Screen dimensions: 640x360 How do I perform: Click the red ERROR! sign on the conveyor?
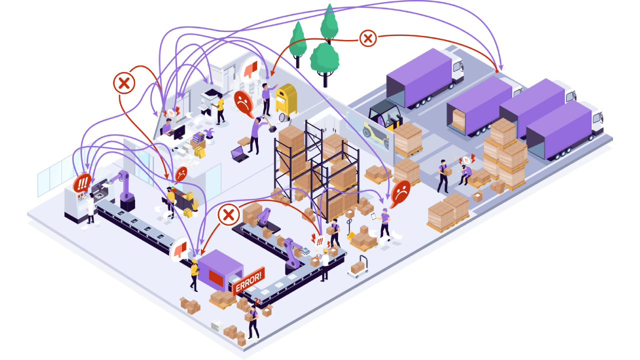pyautogui.click(x=248, y=280)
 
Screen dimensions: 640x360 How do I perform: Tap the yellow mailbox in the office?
pyautogui.click(x=286, y=100)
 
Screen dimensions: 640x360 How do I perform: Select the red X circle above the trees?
pyautogui.click(x=367, y=38)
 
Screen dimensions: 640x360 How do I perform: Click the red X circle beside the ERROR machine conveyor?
pyautogui.click(x=228, y=214)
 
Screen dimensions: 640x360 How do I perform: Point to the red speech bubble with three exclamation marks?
pyautogui.click(x=82, y=182)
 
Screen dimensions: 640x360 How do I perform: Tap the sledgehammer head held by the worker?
pyautogui.click(x=272, y=129)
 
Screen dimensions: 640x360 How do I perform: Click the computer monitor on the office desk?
pyautogui.click(x=179, y=132)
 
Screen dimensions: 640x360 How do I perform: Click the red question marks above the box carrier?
pyautogui.click(x=257, y=301)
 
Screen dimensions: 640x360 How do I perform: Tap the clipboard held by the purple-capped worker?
pyautogui.click(x=373, y=216)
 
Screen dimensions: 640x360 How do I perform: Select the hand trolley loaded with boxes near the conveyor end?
pyautogui.click(x=358, y=267)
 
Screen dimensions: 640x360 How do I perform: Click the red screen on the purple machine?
pyautogui.click(x=216, y=278)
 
